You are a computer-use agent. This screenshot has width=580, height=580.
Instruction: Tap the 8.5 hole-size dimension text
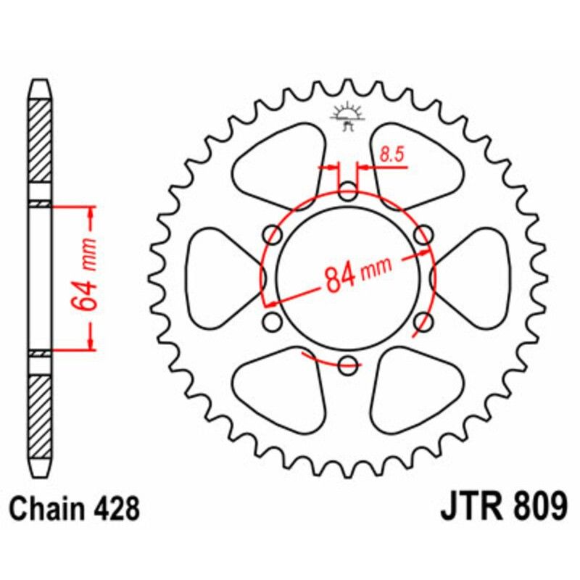pyautogui.click(x=391, y=154)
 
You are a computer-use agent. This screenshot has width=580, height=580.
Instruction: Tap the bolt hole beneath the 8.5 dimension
pyautogui.click(x=349, y=194)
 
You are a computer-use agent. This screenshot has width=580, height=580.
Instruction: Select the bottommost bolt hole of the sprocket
pyautogui.click(x=349, y=364)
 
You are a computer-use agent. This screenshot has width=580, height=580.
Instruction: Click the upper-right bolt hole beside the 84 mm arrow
pyautogui.click(x=423, y=234)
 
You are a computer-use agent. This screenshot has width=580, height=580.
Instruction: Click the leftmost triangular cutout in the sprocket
pyautogui.click(x=222, y=278)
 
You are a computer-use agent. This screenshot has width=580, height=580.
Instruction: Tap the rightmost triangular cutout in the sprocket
pyautogui.click(x=475, y=278)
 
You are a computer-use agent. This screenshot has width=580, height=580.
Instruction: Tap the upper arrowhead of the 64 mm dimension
pyautogui.click(x=91, y=212)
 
